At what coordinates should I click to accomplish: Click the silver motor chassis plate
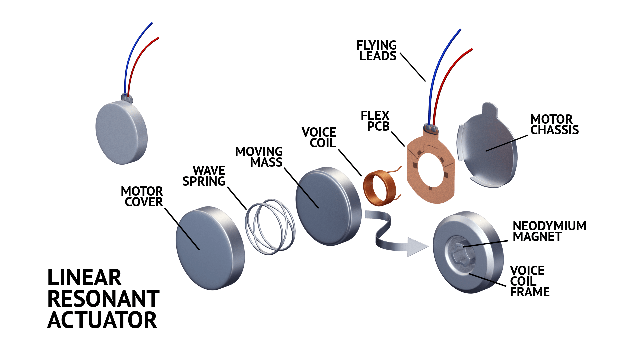point(490,150)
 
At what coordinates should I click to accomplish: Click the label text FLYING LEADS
point(377,51)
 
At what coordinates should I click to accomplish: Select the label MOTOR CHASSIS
point(554,125)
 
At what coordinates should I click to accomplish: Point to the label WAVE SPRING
point(204,176)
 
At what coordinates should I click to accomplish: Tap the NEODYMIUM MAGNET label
point(549,231)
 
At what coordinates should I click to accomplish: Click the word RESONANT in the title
point(103,299)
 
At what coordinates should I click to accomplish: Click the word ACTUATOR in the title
point(102,320)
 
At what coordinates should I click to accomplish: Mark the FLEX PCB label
point(376,121)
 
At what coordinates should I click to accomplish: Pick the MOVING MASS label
point(259,157)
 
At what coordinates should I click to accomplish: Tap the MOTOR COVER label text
point(142,197)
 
